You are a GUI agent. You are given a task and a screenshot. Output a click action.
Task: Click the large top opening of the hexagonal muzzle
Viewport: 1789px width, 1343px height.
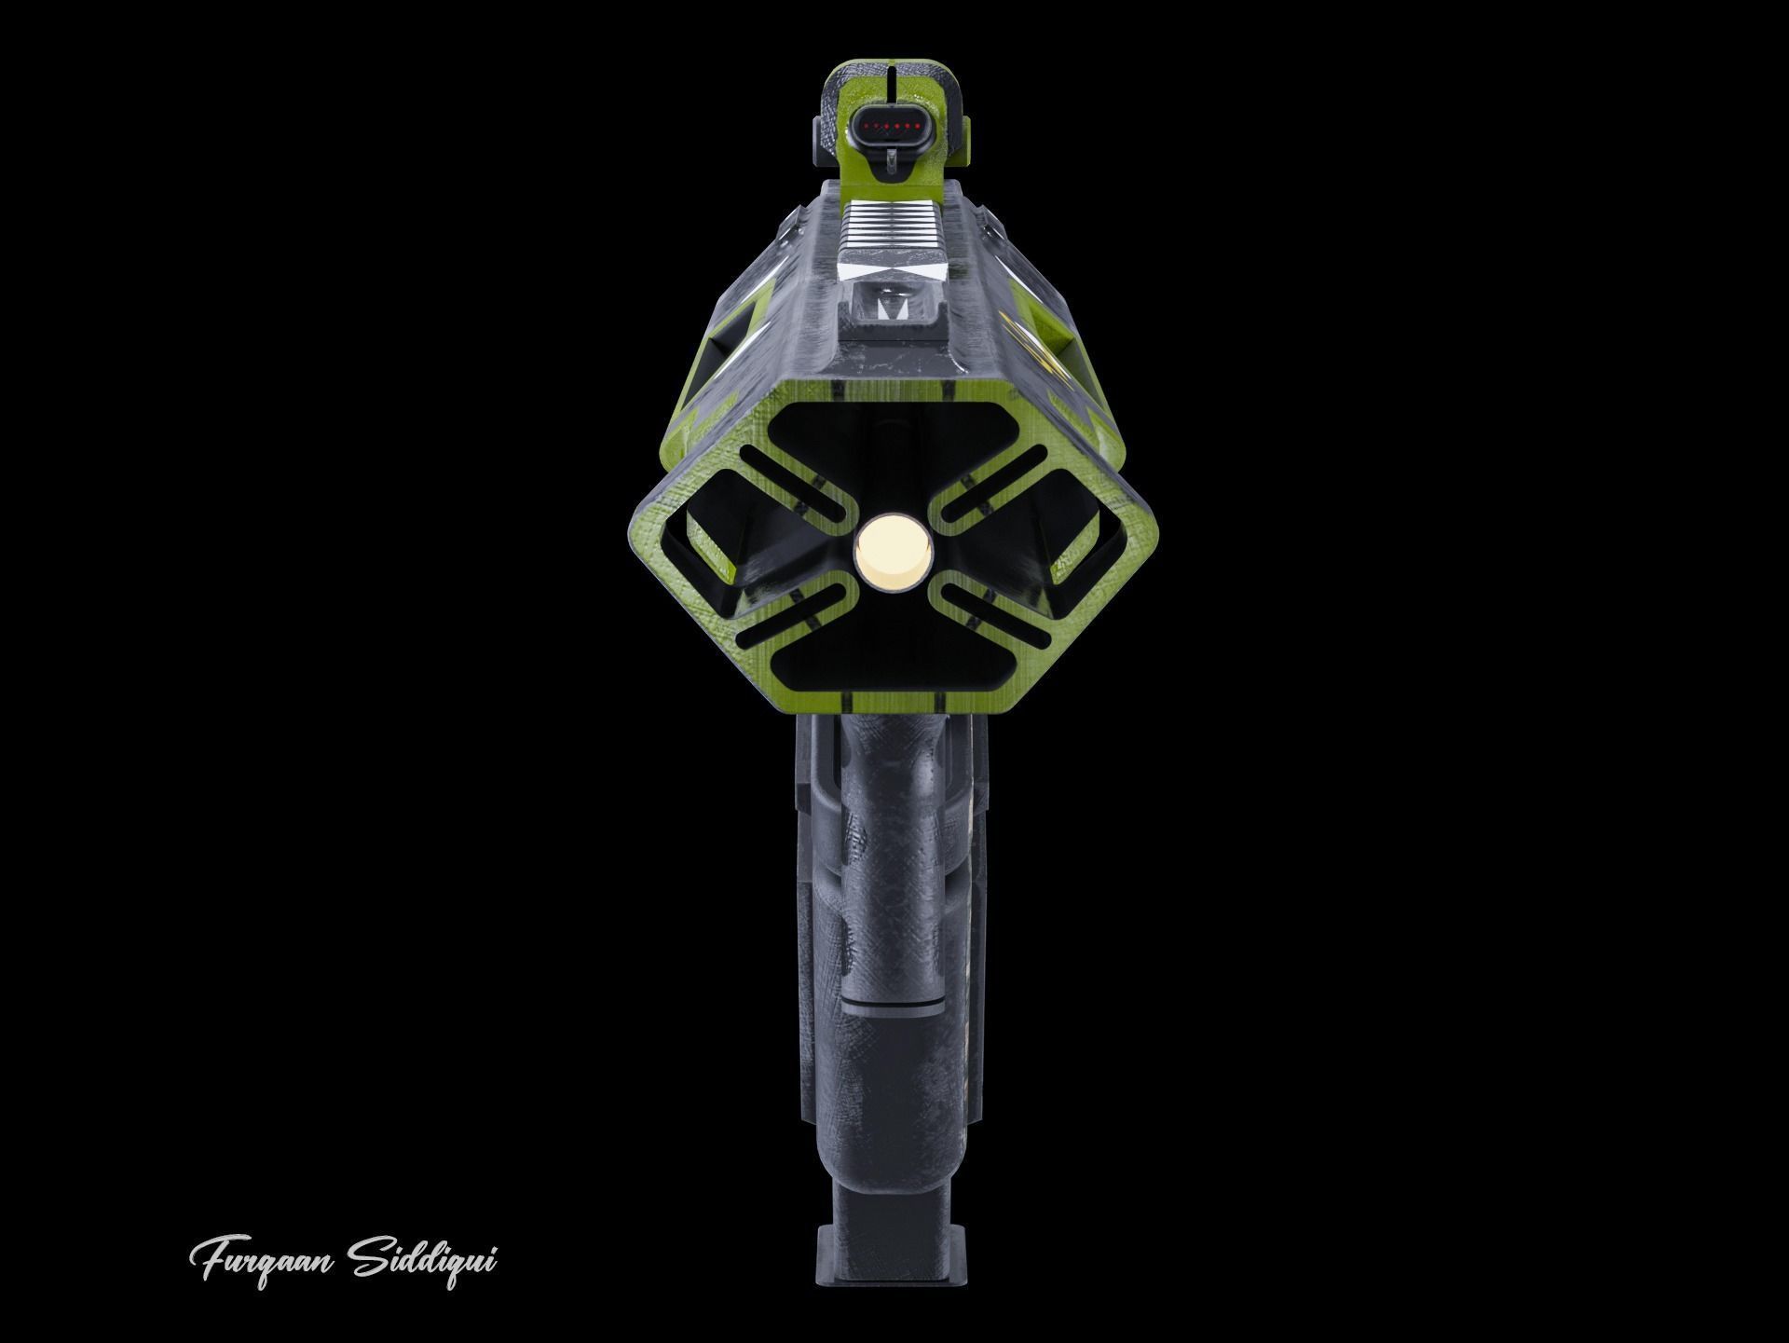coord(893,447)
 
